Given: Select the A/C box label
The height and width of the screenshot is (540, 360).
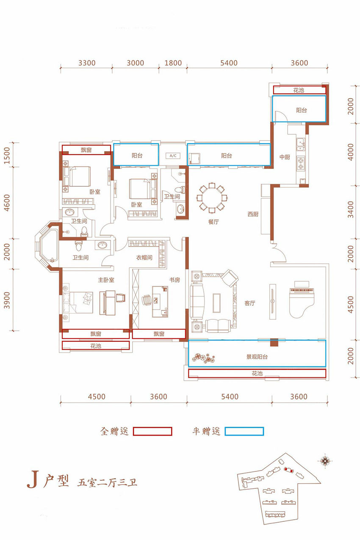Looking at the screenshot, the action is [173, 156].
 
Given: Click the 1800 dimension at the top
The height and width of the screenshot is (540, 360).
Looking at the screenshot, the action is [173, 63].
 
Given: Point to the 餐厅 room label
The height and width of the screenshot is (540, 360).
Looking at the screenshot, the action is [213, 222].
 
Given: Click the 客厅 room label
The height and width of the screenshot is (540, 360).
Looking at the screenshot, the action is [249, 303].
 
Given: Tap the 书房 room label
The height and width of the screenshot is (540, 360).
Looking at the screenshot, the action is [174, 280].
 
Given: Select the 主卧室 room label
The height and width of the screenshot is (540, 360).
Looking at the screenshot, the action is [106, 280].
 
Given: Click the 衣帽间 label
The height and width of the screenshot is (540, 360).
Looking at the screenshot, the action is [144, 258].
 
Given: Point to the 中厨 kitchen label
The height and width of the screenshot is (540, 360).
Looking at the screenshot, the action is [285, 157].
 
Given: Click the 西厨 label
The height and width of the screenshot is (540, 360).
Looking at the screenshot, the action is [253, 214].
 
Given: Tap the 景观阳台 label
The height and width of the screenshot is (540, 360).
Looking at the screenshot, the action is [257, 357].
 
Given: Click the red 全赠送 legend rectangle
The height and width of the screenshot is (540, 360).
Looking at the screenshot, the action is [152, 431].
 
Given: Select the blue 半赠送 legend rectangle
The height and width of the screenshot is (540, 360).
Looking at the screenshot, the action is [244, 431].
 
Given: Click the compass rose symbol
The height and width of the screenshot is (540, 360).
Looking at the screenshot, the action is [325, 461].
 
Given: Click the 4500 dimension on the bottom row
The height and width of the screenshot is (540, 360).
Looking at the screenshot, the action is [97, 396].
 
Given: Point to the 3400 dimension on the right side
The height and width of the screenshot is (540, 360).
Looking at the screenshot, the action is [351, 210].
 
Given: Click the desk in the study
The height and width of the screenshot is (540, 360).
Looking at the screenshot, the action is [160, 301].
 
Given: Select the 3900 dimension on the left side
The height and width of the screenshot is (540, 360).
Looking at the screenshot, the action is [7, 300].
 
